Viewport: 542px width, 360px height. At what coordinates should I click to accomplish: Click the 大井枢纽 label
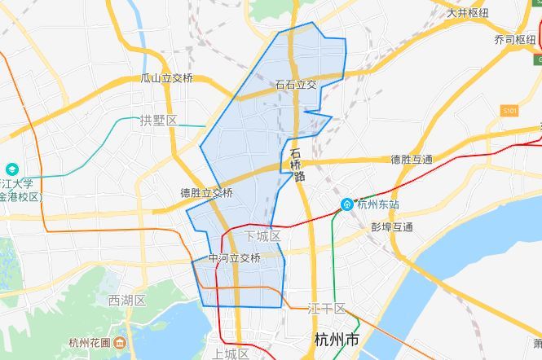coord(468,13)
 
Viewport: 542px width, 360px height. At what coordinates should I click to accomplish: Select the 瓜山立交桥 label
coord(167,78)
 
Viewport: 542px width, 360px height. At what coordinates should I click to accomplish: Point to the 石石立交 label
coord(296,84)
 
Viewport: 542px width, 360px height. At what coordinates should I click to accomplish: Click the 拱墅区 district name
coord(158,121)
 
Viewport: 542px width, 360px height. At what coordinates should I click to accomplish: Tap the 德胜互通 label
coord(412,159)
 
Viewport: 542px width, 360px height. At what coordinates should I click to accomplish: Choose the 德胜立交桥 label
coord(207,193)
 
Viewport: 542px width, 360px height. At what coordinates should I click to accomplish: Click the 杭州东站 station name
coord(378,204)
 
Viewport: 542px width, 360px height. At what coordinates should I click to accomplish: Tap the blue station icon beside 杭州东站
coord(346,204)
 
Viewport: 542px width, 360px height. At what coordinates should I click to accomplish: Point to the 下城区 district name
coord(262,236)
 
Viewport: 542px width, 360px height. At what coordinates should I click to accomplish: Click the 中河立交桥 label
coord(234,258)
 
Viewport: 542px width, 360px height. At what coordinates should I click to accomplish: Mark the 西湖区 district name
coord(126,301)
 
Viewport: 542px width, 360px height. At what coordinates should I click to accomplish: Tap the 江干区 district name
coord(328,309)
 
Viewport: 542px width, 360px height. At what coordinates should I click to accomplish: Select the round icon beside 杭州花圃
coord(118,342)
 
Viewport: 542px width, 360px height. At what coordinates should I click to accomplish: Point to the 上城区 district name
coord(230,353)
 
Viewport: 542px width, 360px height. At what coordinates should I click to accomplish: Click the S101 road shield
coord(511,108)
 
